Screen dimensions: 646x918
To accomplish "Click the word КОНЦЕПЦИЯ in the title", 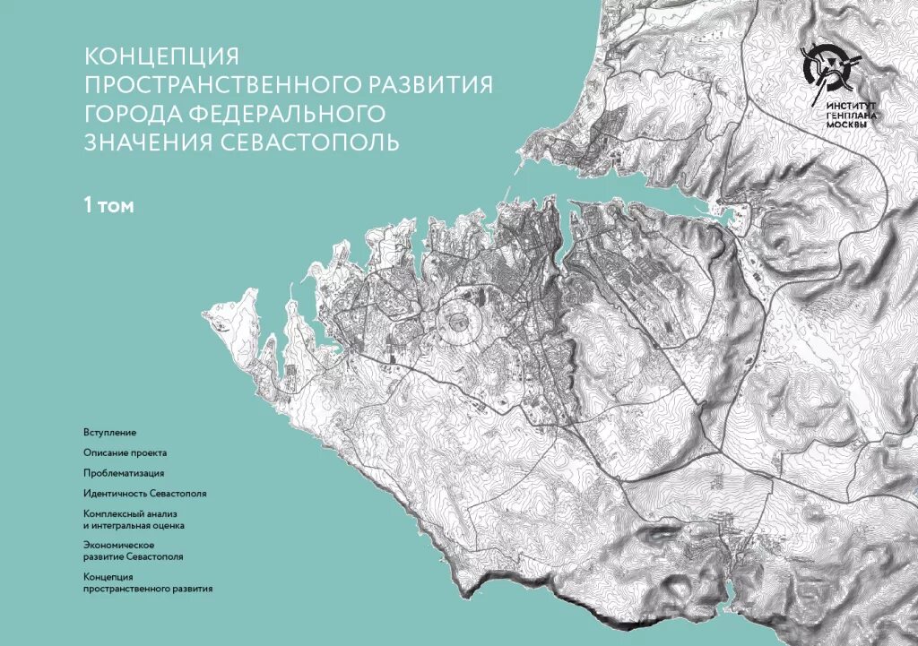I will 161,56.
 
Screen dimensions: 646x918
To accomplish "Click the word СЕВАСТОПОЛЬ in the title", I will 323,142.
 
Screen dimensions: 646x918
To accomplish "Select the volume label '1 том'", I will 108,206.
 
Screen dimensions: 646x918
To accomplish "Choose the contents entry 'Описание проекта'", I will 125,453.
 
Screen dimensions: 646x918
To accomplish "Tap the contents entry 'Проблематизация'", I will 124,473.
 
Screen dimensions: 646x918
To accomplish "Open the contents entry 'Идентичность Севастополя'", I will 144,494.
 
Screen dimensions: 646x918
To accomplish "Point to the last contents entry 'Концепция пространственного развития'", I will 147,583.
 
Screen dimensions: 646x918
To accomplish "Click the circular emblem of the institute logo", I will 829,70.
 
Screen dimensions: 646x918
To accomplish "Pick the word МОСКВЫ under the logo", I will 846,125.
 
